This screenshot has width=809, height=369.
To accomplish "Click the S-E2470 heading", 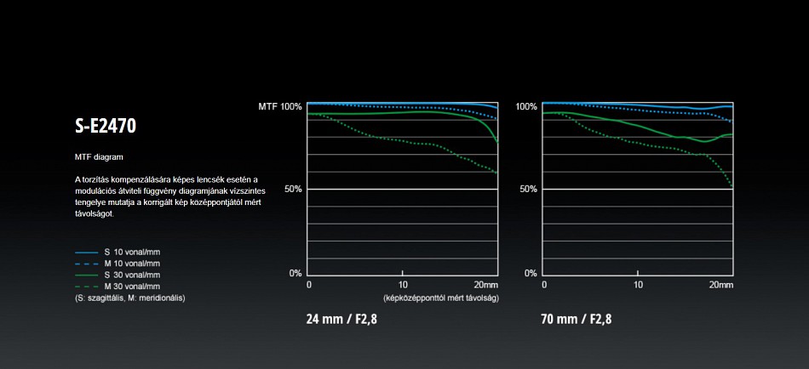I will click(106, 127).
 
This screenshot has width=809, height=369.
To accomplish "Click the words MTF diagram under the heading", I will click(100, 158).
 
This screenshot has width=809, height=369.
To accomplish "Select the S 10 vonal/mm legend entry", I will click(131, 253).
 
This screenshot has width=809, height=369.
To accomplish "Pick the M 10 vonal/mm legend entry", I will click(131, 264).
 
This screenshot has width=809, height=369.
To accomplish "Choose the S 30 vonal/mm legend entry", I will click(131, 275).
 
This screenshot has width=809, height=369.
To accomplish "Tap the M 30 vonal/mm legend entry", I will click(131, 287).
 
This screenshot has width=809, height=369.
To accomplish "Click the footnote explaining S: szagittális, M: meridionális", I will click(130, 298).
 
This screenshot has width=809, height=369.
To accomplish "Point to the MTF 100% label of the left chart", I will click(279, 106).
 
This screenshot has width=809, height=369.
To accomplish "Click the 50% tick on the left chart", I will click(292, 189).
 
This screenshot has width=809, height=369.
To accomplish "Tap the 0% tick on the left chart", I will click(295, 273).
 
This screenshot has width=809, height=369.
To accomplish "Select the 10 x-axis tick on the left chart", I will click(403, 284).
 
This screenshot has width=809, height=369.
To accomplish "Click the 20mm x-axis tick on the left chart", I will click(485, 284).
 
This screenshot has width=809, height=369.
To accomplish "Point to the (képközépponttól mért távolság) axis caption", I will click(440, 298).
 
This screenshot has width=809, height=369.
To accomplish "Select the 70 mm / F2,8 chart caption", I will click(576, 321).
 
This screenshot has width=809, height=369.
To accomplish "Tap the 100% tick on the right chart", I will click(526, 106).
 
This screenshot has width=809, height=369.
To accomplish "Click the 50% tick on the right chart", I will click(528, 189).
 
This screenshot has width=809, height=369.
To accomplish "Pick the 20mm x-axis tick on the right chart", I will click(720, 284).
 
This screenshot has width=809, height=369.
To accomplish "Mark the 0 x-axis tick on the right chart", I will click(543, 284).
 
